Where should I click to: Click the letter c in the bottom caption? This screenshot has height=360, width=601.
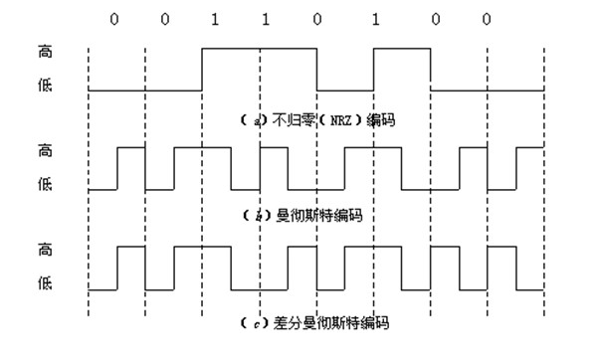[x=256, y=323]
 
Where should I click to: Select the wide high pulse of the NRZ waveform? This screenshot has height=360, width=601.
[x=260, y=47]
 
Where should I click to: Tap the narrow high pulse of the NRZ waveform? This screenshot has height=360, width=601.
[x=402, y=47]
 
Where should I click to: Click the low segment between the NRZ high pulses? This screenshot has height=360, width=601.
[x=345, y=90]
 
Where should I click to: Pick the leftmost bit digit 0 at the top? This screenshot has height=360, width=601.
[x=114, y=19]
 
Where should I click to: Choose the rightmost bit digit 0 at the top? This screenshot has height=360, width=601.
[x=487, y=19]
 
